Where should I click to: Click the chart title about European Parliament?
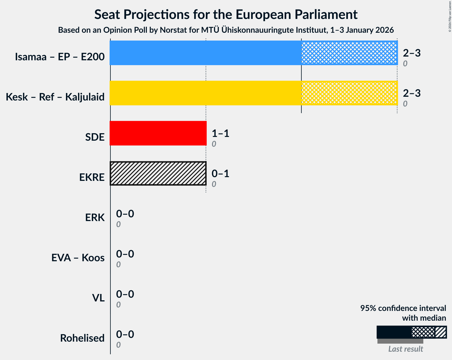click(x=226, y=14)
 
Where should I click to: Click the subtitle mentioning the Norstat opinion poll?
click(x=226, y=30)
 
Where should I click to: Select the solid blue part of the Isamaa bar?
click(x=205, y=53)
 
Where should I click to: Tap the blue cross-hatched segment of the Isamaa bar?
click(x=349, y=53)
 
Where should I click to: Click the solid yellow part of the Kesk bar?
click(x=205, y=93)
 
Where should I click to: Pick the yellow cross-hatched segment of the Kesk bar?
click(x=349, y=93)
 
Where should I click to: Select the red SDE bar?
click(x=158, y=133)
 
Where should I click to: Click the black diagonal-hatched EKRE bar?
click(x=158, y=173)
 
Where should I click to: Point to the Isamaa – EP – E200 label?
click(x=60, y=57)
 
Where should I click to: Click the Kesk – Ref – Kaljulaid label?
click(x=55, y=97)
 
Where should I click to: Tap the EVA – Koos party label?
click(x=78, y=258)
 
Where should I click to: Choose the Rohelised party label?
click(x=82, y=338)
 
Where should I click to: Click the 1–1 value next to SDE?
click(x=220, y=133)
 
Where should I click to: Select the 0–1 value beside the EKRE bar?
click(x=220, y=174)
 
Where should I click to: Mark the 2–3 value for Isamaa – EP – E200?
click(x=412, y=53)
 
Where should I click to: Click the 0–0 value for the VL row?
click(x=125, y=294)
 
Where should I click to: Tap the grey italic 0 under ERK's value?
click(x=118, y=224)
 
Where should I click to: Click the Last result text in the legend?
click(x=405, y=349)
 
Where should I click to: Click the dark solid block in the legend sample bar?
click(x=394, y=332)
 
